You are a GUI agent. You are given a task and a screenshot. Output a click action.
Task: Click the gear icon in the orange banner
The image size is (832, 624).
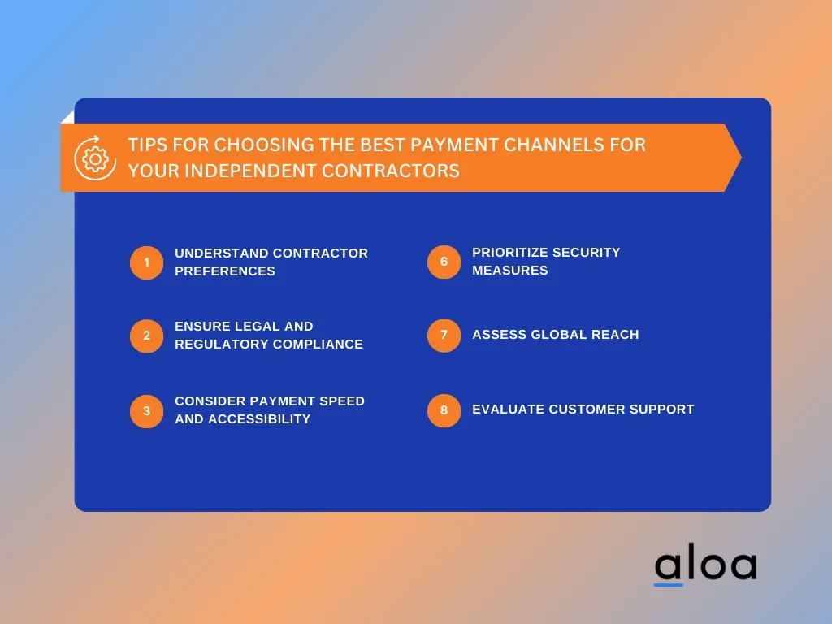[96, 158]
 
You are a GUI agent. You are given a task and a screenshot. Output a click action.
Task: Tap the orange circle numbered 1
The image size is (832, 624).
[146, 262]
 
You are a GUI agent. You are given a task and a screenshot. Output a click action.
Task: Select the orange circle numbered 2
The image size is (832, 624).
[146, 336]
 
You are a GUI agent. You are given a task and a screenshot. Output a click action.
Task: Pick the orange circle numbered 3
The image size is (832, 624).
[146, 411]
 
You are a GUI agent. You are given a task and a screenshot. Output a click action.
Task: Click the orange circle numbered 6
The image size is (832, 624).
[444, 262]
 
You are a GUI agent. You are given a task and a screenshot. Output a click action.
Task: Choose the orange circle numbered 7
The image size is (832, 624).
[444, 336]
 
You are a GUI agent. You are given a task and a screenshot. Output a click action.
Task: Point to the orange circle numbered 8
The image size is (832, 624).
[444, 410]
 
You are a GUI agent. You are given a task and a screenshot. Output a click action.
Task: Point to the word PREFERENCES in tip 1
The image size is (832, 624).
[225, 271]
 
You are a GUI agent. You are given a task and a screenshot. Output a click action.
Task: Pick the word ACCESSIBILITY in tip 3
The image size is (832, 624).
[259, 419]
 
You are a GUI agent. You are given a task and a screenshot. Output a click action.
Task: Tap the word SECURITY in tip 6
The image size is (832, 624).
[587, 253]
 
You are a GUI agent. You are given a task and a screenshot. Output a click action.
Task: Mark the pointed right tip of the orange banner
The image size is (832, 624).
[741, 158]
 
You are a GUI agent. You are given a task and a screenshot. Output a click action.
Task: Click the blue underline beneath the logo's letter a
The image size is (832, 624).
[668, 585]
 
